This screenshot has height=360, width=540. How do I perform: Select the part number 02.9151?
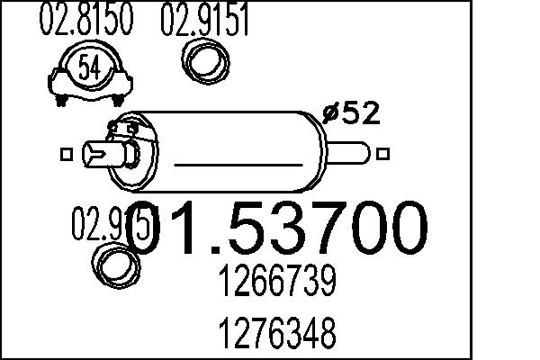[204, 22]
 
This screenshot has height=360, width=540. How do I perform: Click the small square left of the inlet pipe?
[65, 155]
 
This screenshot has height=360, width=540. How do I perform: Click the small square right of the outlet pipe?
[385, 154]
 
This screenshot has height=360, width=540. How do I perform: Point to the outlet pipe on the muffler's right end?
[353, 151]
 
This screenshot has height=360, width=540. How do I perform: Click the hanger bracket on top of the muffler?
[118, 127]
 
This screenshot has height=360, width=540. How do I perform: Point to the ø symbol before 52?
[331, 115]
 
